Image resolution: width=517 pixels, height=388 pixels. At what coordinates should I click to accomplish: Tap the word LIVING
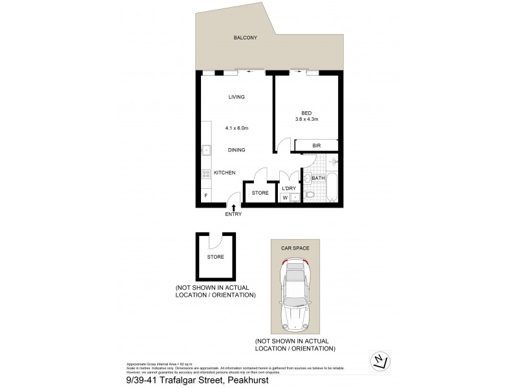(x=237, y=97)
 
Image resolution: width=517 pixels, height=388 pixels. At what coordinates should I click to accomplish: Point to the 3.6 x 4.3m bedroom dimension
(x=306, y=118)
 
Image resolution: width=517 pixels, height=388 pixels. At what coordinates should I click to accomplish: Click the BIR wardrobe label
(x=317, y=146)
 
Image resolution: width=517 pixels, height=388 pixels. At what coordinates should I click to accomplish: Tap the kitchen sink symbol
(x=206, y=151)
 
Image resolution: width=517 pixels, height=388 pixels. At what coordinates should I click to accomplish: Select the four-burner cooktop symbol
(x=206, y=173)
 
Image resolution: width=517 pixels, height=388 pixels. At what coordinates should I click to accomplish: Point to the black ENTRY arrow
(x=233, y=206)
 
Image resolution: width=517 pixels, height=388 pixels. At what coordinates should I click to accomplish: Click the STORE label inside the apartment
(x=259, y=193)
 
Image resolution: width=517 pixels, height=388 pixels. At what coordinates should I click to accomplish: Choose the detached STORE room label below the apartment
(x=216, y=257)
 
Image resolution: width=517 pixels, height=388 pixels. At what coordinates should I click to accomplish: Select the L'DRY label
(x=288, y=188)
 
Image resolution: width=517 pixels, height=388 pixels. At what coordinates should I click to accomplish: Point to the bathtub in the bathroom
(x=331, y=188)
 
